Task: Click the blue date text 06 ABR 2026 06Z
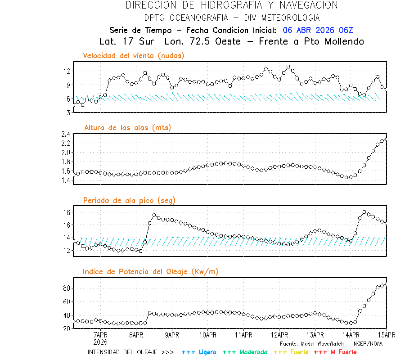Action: coord(318,30)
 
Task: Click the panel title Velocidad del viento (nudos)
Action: coord(134,56)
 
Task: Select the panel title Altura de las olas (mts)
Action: coord(128,128)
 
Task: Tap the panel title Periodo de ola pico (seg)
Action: coord(129,200)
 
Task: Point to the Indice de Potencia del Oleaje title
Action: coord(151,271)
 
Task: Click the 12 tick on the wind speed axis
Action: coord(67,71)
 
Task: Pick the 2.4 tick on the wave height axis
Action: coord(66,134)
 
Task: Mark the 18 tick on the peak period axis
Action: coord(67,212)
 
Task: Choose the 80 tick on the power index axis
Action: coord(67,288)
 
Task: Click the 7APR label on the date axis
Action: coord(100,335)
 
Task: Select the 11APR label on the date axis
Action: coord(243,335)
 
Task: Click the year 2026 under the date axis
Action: coord(100,342)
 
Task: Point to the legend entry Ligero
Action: coord(199,352)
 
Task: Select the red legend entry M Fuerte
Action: coord(335,352)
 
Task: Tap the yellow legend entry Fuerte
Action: coord(291,352)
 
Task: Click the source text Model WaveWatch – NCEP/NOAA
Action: coord(331,343)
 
